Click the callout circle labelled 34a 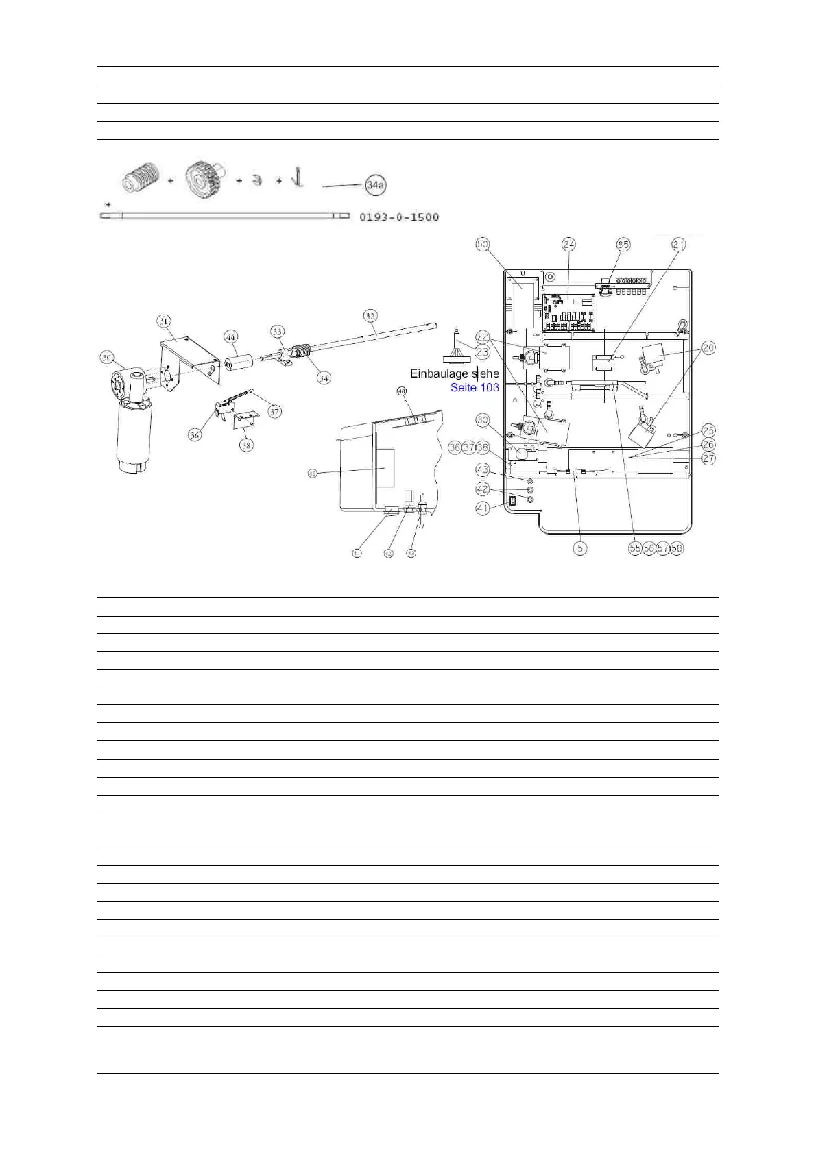coord(375,185)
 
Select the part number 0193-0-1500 coord(399,217)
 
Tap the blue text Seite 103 coord(475,387)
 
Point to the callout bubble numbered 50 coord(482,244)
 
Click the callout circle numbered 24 coord(568,244)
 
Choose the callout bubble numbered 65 coord(623,244)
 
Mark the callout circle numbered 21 coord(678,244)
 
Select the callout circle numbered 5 coord(580,548)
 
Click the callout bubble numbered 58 coord(677,548)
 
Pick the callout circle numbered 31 coord(163,321)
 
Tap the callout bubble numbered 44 coord(231,336)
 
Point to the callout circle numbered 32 coord(370,316)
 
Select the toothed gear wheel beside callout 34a coord(204,180)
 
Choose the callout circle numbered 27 coord(708,458)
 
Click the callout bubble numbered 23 coord(482,352)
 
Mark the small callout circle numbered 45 coord(313,474)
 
